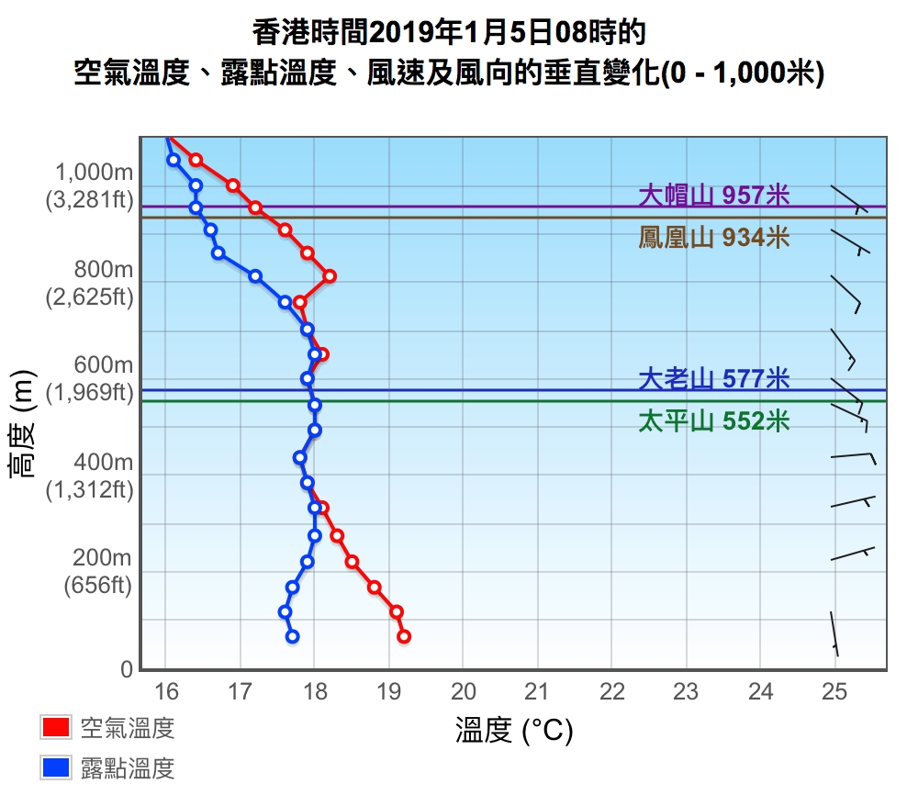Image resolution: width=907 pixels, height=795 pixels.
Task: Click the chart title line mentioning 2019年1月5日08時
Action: click(x=450, y=33)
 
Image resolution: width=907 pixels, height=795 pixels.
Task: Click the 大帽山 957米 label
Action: click(x=713, y=195)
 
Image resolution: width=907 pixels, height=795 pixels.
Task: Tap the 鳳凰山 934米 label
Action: click(x=713, y=238)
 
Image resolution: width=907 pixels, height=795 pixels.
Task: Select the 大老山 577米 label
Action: click(x=713, y=378)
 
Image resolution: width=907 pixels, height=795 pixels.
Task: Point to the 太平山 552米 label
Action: click(x=713, y=421)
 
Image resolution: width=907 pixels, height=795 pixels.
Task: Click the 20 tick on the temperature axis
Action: click(x=463, y=691)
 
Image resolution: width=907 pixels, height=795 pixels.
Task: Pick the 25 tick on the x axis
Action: click(x=834, y=691)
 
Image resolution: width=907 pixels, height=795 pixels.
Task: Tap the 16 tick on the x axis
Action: click(x=166, y=691)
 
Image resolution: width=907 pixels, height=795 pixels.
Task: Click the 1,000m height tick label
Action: click(x=95, y=173)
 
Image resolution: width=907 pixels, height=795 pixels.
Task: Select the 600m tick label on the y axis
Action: click(x=104, y=365)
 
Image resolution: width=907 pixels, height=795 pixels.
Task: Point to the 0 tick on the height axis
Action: click(x=127, y=670)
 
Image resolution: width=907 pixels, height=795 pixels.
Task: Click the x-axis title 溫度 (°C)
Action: click(x=514, y=731)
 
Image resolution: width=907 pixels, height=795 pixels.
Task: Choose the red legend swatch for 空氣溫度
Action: click(x=56, y=728)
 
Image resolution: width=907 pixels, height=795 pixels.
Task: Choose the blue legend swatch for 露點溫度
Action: click(x=56, y=767)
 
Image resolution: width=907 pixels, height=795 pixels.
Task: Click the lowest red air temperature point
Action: click(x=404, y=636)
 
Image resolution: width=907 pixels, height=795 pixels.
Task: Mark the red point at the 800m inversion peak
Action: click(x=330, y=275)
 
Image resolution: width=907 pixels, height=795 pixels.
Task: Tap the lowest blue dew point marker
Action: click(x=292, y=636)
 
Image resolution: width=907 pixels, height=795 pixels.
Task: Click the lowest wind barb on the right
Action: click(x=834, y=633)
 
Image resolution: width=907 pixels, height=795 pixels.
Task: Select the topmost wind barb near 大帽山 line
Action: click(x=848, y=199)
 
